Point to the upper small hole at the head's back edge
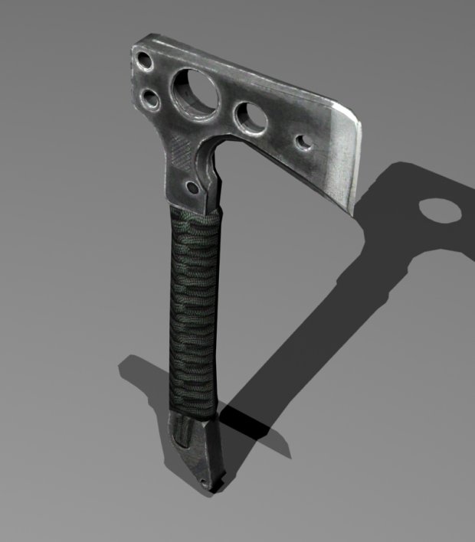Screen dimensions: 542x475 143,60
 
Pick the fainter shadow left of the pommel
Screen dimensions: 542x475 142,375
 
